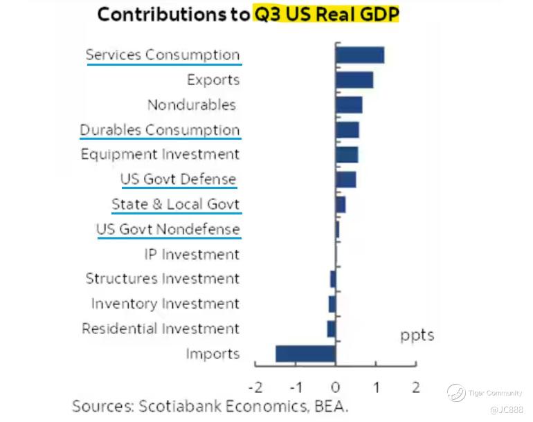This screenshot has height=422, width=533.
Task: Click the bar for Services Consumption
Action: click(359, 55)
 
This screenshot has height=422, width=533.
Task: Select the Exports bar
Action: click(354, 80)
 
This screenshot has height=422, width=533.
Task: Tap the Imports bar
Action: click(305, 354)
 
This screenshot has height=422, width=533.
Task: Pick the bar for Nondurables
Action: click(349, 105)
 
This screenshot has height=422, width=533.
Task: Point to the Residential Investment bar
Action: click(332, 329)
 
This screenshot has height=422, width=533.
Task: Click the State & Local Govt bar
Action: click(341, 205)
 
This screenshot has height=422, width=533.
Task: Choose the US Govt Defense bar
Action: click(345, 180)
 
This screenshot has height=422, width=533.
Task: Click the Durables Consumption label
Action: click(160, 130)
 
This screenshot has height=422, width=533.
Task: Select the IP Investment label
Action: click(192, 255)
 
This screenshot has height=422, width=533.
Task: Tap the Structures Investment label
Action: click(163, 279)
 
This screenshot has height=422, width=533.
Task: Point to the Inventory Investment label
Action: click(165, 304)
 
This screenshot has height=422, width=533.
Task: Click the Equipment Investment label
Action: click(160, 154)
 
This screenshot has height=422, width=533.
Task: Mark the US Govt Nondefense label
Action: click(168, 229)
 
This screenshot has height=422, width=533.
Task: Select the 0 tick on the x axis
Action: click(336, 387)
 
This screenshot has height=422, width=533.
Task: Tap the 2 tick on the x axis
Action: click(415, 387)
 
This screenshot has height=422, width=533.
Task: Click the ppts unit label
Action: click(417, 336)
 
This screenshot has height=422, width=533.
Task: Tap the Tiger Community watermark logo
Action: click(456, 393)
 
